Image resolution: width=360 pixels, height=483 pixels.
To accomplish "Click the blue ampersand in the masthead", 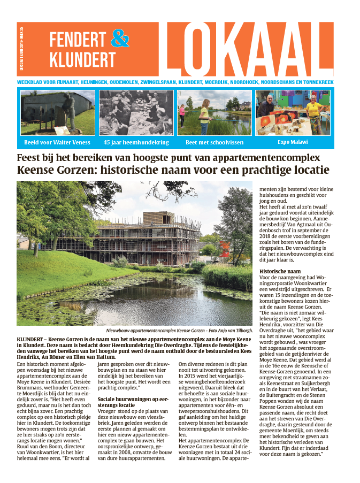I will click(120, 38).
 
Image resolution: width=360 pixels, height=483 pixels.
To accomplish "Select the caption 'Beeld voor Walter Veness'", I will click(57, 142).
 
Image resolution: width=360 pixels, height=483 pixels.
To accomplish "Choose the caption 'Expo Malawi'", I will click(292, 142).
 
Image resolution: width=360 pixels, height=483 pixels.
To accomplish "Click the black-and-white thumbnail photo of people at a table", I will click(136, 113).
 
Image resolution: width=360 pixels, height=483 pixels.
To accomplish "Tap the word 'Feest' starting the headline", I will click(30, 158).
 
